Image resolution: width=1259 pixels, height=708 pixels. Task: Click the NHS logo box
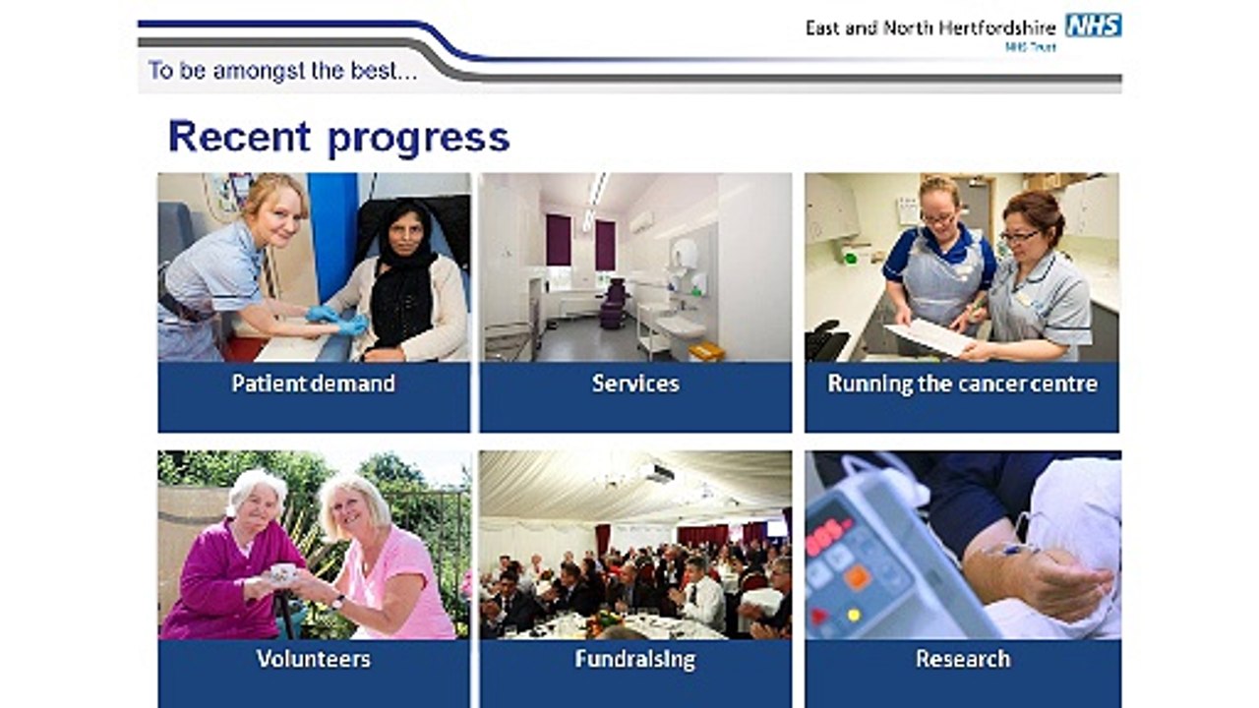tap(1093, 26)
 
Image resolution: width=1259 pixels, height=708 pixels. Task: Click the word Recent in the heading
tap(239, 137)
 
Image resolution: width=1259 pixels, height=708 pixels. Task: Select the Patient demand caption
tap(314, 383)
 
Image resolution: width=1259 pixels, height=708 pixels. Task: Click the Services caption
tap(635, 383)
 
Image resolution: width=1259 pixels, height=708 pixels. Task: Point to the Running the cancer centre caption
tap(962, 384)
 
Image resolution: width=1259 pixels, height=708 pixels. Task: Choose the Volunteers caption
tap(314, 659)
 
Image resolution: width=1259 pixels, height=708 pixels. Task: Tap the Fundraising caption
tap(635, 660)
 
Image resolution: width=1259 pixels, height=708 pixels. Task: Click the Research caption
tap(963, 659)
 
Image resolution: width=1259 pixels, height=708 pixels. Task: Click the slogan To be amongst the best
tap(282, 72)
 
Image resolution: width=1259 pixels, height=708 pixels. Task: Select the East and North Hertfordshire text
tap(930, 29)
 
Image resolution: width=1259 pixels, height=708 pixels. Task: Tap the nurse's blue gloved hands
tap(336, 321)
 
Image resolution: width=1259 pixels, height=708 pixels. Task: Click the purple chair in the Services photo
tap(613, 304)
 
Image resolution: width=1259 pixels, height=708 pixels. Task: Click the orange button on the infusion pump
tap(858, 576)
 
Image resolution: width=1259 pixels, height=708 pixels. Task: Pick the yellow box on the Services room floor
tap(706, 352)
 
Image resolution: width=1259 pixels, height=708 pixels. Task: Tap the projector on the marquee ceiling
tap(659, 473)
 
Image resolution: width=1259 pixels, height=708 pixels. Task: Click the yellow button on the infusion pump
tap(854, 616)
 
